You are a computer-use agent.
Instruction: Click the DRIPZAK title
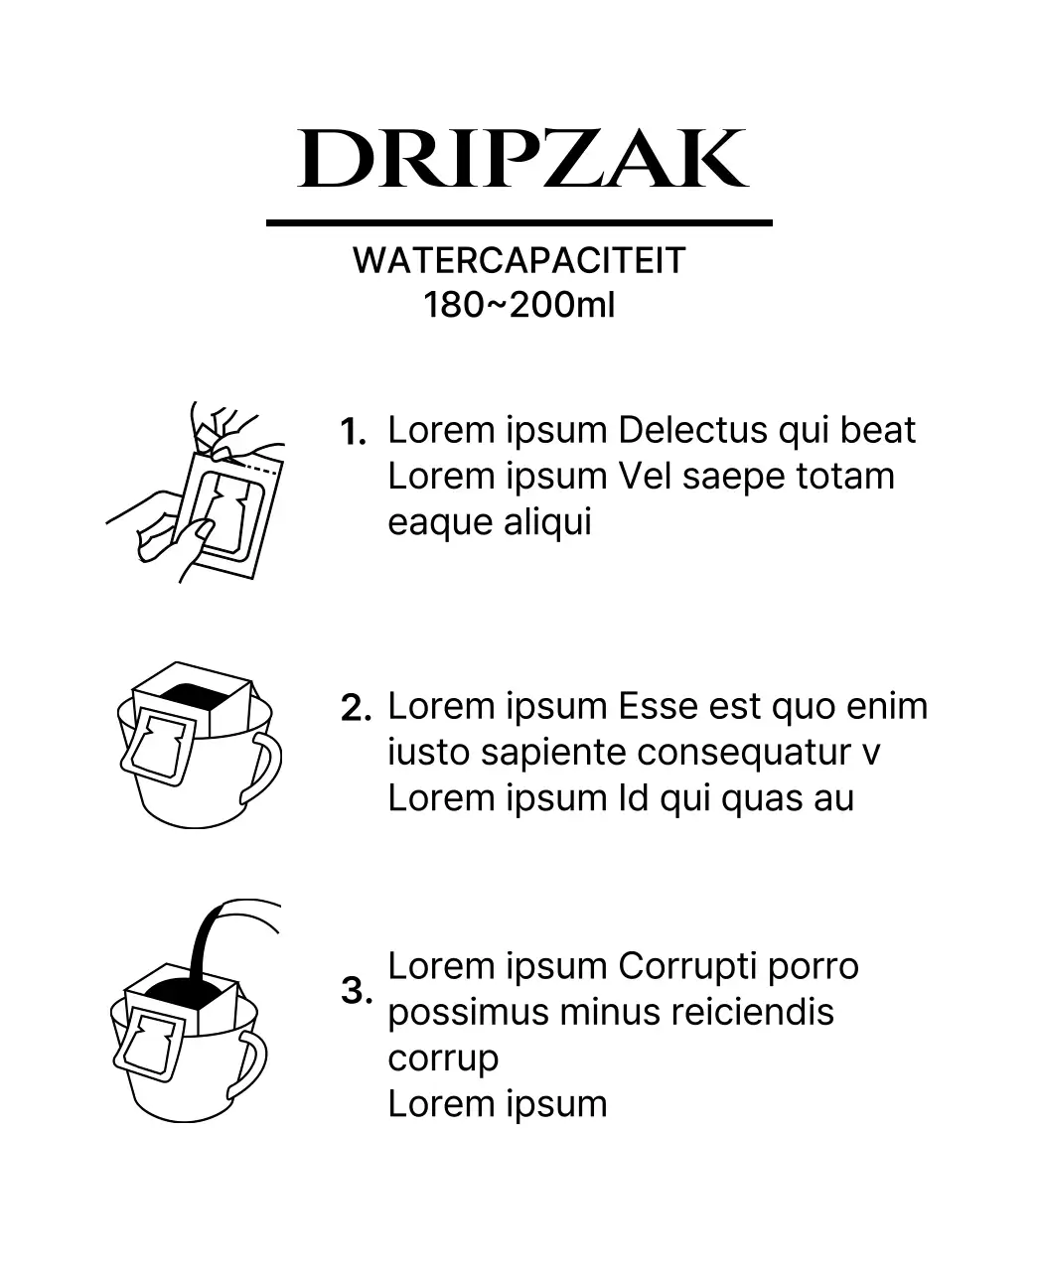[x=522, y=159]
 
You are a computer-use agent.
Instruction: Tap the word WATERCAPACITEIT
[x=519, y=260]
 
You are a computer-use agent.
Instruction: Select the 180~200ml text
[x=519, y=304]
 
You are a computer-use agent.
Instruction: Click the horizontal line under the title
[x=519, y=223]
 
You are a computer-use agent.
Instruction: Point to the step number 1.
[x=354, y=432]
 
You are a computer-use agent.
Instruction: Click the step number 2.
[x=356, y=708]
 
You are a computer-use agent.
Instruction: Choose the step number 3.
[x=357, y=990]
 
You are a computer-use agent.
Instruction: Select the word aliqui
[x=547, y=522]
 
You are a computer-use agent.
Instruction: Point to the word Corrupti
[x=687, y=967]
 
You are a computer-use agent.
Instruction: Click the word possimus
[x=468, y=1013]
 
